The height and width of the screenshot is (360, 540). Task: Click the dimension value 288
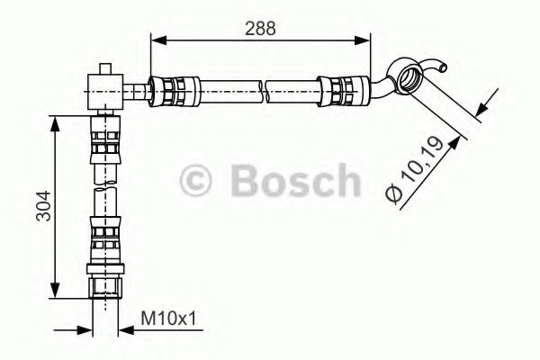pyautogui.click(x=260, y=28)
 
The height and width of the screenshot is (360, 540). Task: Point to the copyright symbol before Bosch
pyautogui.click(x=201, y=183)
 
